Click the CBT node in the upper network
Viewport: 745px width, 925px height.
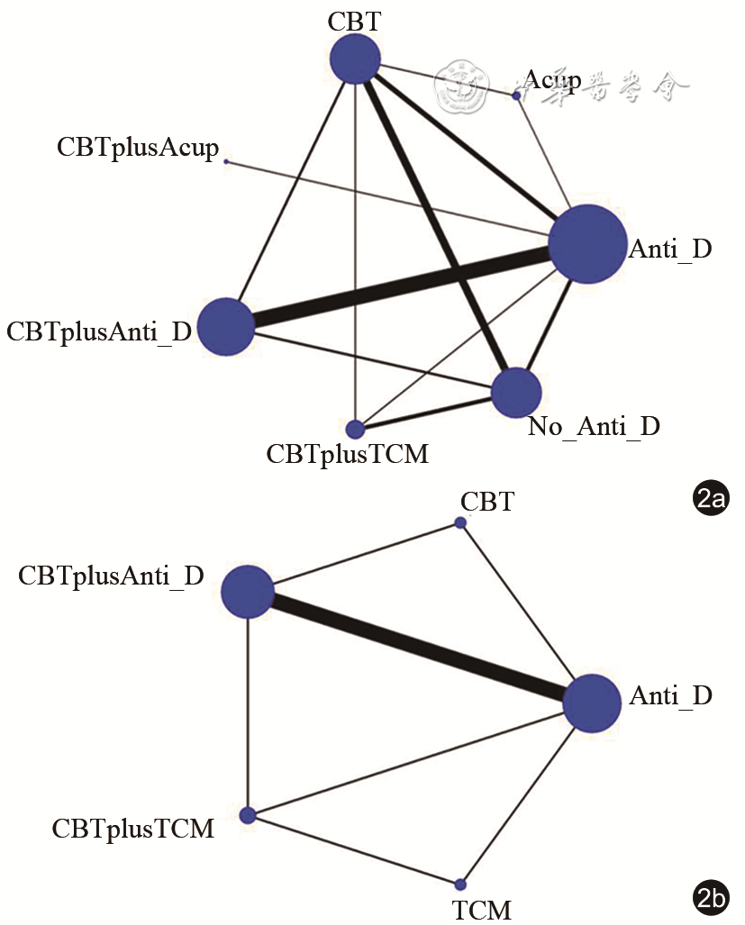tap(356, 60)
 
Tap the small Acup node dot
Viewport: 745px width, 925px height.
tap(516, 95)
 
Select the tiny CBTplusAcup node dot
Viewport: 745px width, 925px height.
tap(226, 162)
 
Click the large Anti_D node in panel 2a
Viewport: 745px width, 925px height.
tap(587, 244)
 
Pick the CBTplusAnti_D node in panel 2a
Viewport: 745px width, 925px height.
tap(225, 326)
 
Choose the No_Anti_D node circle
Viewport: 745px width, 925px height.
tap(516, 393)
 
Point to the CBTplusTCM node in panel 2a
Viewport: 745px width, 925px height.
tap(355, 428)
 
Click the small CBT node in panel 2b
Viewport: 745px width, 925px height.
tap(460, 523)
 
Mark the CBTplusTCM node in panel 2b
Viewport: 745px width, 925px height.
tap(248, 815)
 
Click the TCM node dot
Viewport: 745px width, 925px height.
tap(460, 884)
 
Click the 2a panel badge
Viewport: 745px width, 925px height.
tap(711, 497)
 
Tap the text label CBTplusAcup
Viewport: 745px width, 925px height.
tap(138, 148)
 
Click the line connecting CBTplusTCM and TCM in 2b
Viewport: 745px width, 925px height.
tap(354, 849)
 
